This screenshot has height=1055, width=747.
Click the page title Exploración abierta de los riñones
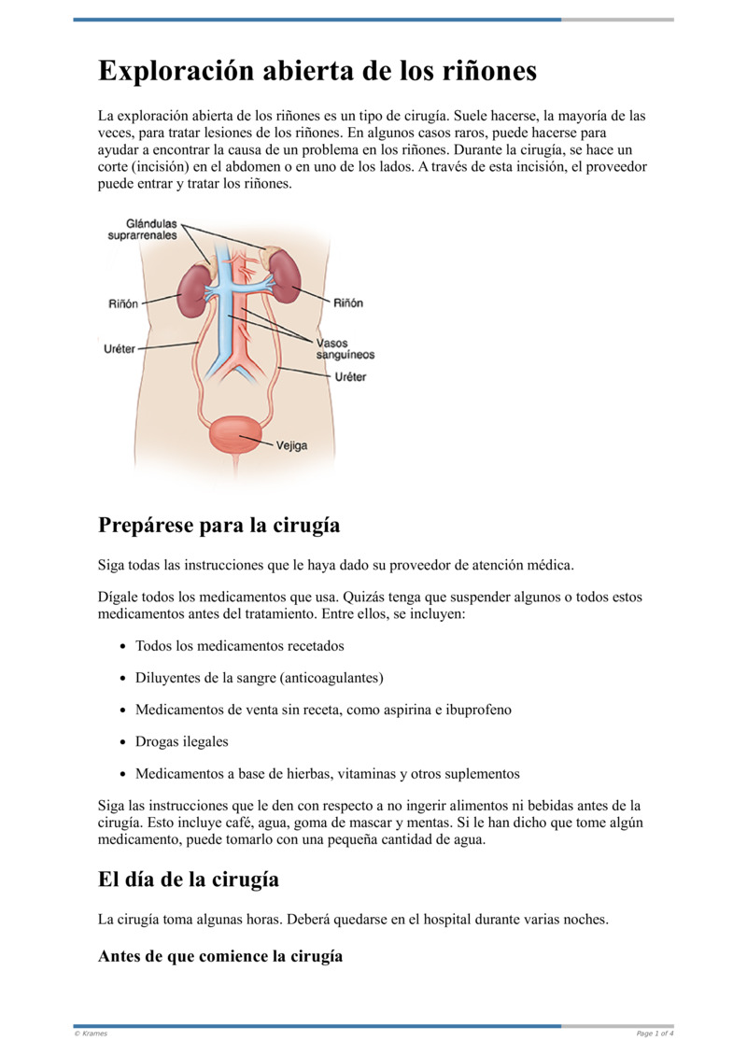tap(317, 72)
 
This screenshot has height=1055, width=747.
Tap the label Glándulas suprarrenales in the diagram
tap(142, 229)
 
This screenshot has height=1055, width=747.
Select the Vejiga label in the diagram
tap(291, 445)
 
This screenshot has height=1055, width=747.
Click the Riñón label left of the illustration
tap(124, 303)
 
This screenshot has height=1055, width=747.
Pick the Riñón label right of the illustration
tap(348, 302)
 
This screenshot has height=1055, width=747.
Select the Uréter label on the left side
tap(119, 348)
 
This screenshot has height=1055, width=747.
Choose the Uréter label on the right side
tap(350, 377)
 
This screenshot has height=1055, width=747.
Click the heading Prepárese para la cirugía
tap(218, 526)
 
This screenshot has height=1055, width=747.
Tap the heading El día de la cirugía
tap(189, 879)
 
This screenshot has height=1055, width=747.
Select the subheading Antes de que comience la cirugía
tap(220, 956)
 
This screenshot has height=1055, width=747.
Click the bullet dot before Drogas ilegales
tap(124, 743)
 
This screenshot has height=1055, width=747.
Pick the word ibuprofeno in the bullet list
tap(477, 710)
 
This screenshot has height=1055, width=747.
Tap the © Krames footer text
tap(91, 1034)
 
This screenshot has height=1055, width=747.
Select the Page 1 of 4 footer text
tap(655, 1034)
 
